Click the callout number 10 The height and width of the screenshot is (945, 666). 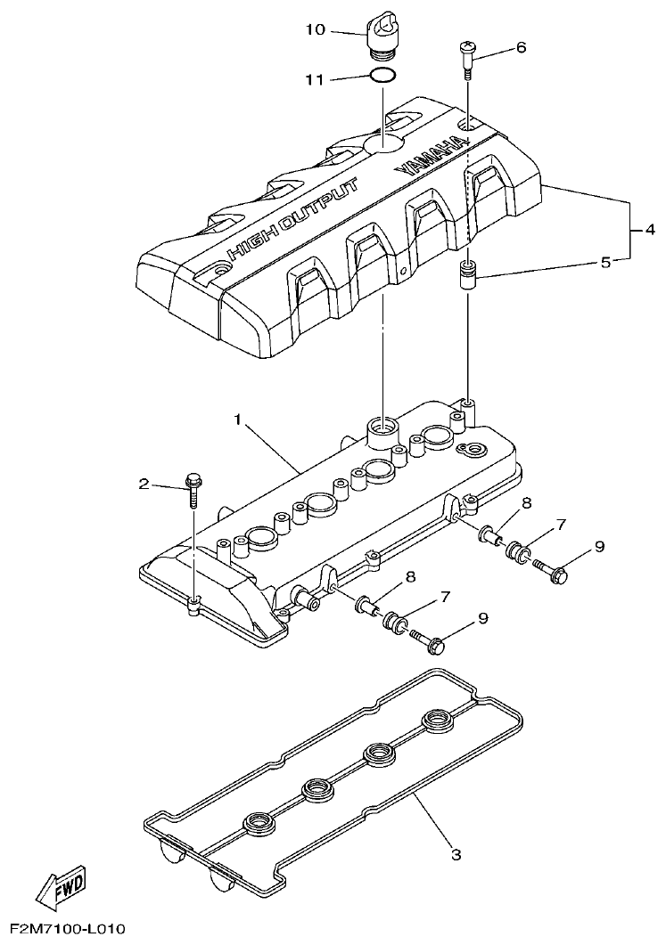click(x=315, y=29)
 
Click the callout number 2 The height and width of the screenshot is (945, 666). click(x=144, y=485)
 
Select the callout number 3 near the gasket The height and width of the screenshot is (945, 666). click(x=456, y=855)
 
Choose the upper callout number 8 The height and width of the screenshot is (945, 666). click(x=526, y=503)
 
